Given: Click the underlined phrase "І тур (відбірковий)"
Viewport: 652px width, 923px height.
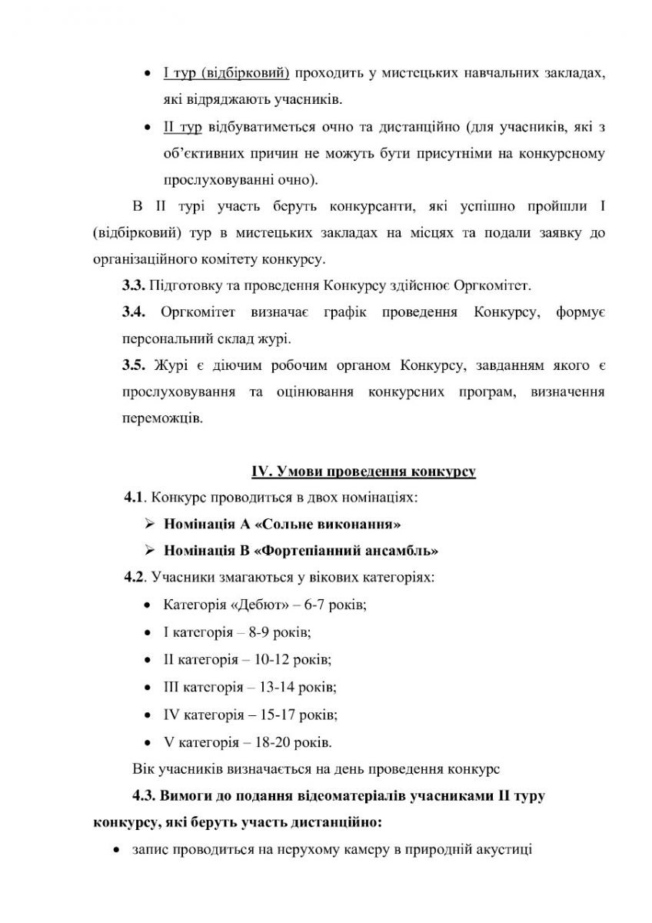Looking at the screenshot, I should pos(226,74).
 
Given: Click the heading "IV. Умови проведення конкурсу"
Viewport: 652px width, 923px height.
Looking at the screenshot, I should pos(363,471).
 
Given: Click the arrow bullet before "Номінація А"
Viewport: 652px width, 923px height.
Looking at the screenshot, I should pos(149,524).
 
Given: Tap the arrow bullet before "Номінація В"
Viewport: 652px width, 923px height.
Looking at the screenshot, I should pos(149,550).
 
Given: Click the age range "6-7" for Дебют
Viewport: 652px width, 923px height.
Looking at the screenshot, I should pos(315,604).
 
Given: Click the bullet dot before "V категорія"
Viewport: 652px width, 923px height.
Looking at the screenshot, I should pos(147,743).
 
